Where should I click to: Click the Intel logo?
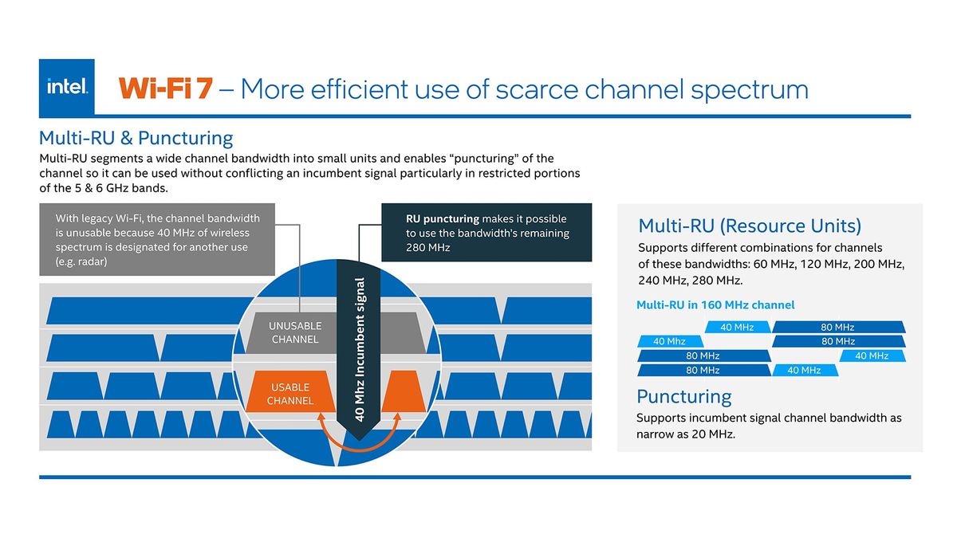coord(67,88)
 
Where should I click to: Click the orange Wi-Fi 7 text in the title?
coord(166,88)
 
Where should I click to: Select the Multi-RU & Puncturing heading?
coord(136,138)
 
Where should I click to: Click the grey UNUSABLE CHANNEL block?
coord(294,332)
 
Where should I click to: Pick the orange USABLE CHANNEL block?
coord(289,394)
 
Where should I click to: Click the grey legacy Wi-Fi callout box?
coord(157,239)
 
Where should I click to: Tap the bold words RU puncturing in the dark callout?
coord(442,218)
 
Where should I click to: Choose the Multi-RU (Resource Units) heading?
coord(750,226)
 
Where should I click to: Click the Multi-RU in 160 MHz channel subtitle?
coord(715,304)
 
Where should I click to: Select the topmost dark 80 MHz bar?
coord(837,327)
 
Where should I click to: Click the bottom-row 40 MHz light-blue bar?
coord(804,370)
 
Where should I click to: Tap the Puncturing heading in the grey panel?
coord(683,396)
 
